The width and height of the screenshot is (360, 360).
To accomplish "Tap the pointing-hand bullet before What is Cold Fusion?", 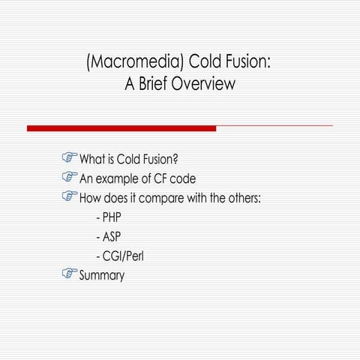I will pos(70,159).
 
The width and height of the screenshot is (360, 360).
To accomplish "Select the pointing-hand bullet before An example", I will pos(70,178).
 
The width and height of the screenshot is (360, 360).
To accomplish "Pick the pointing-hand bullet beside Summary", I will pos(70,274).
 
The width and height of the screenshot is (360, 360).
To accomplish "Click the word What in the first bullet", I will pos(93,160).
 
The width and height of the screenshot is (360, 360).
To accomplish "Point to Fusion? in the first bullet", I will pos(164,160).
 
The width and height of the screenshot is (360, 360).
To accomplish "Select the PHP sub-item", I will pos(111,218).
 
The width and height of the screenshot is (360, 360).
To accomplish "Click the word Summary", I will pos(102,276).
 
